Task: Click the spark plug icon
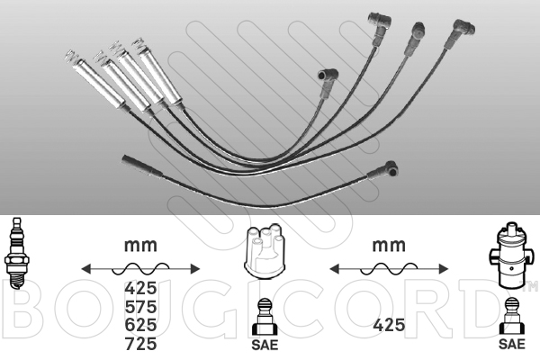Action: pyautogui.click(x=15, y=253)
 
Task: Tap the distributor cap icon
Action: pyautogui.click(x=264, y=251)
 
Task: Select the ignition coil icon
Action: pyautogui.click(x=510, y=256)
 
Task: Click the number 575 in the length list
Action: pyautogui.click(x=140, y=306)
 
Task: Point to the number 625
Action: pyautogui.click(x=140, y=325)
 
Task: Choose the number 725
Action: pyautogui.click(x=140, y=344)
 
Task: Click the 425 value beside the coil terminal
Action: pyautogui.click(x=389, y=325)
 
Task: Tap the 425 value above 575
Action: pyautogui.click(x=140, y=288)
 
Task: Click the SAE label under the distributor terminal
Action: pyautogui.click(x=265, y=345)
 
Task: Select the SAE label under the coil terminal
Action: pyautogui.click(x=512, y=344)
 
